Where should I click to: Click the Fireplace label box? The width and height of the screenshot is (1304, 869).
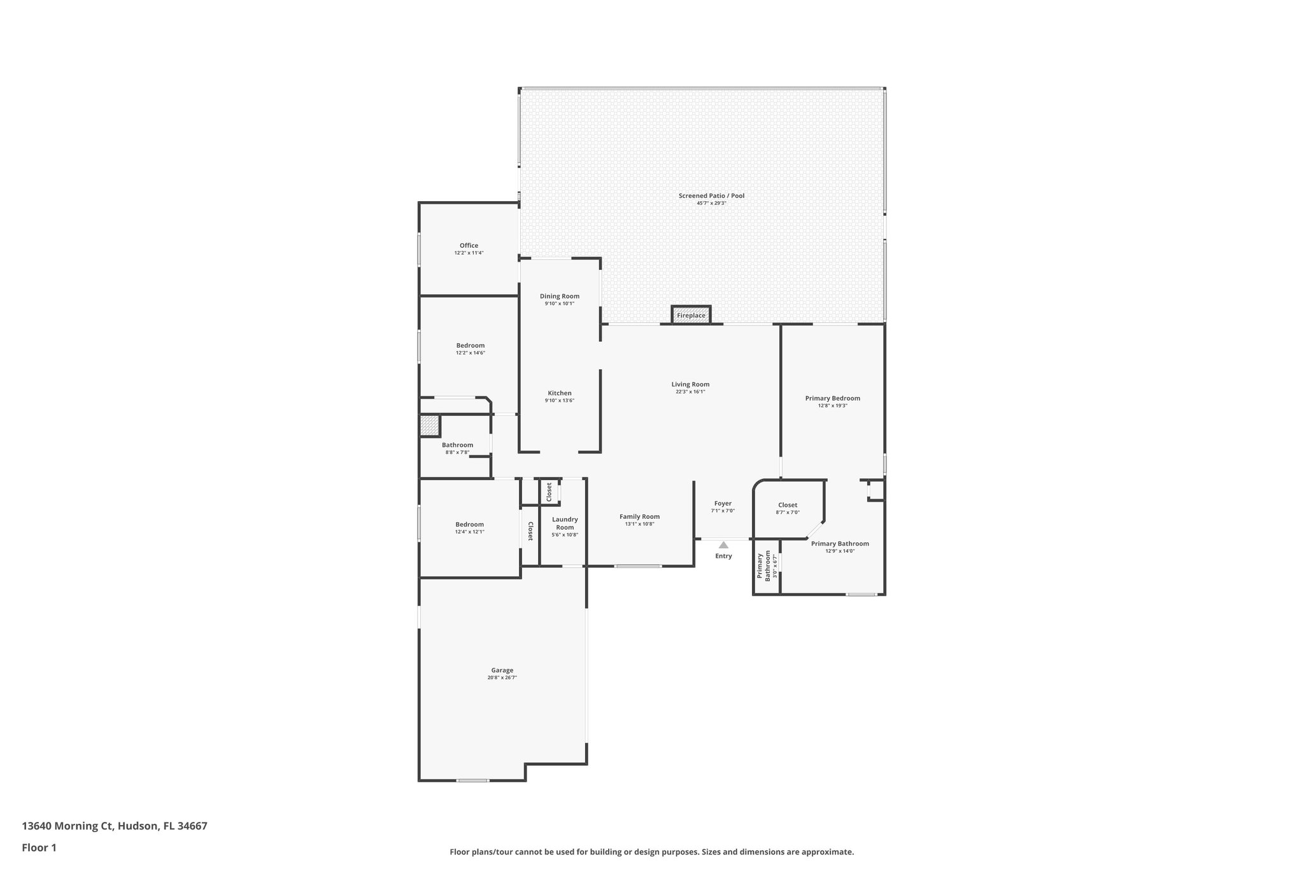691,315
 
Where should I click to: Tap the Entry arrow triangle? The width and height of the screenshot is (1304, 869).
723,545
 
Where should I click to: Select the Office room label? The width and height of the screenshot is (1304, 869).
469,246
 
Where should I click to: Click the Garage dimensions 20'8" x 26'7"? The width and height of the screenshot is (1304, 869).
502,678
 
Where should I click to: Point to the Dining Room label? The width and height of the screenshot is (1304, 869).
560,296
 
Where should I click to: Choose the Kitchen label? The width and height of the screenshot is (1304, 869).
560,393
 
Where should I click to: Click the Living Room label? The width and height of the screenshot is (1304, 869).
690,384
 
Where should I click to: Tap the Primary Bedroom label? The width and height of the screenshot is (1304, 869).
832,398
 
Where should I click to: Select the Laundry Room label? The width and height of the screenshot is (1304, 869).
565,523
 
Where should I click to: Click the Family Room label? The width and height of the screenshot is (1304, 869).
639,516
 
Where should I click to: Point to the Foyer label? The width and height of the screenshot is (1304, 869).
723,503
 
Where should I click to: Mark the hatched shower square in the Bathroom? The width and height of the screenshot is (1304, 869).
429,425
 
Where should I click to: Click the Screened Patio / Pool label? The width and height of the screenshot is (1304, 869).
711,195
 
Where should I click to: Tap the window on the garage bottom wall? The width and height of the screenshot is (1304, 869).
473,781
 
